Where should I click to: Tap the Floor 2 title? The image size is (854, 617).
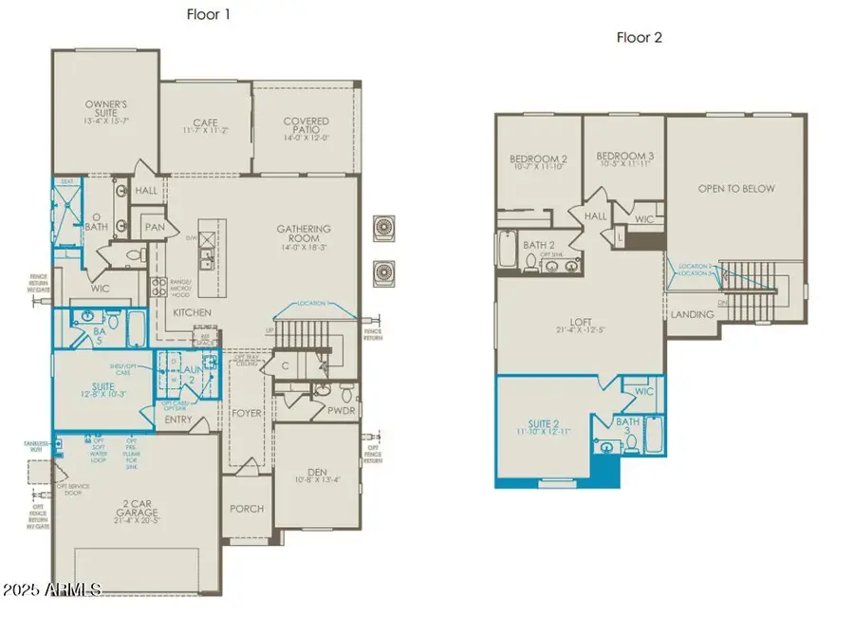640,38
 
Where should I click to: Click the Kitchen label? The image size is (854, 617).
191,312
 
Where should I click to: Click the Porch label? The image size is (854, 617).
247,509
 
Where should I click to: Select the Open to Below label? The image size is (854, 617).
736,188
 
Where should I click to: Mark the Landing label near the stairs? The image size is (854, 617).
692,314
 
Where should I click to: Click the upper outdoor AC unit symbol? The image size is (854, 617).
384,229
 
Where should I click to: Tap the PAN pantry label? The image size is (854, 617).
154,228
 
